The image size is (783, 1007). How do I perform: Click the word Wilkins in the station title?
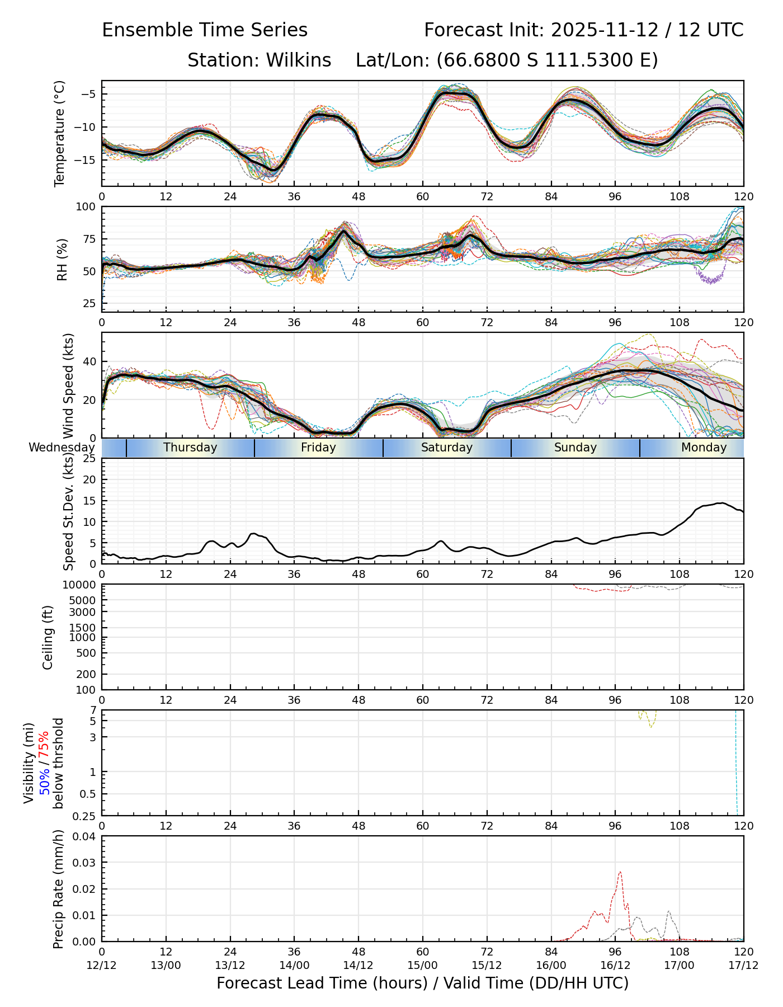pyautogui.click(x=298, y=60)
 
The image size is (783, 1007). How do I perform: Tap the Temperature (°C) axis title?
pyautogui.click(x=60, y=133)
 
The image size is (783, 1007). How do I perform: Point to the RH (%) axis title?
pyautogui.click(x=62, y=260)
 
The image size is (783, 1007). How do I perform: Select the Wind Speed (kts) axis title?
pyautogui.click(x=69, y=385)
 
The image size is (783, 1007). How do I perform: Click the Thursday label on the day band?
pyautogui.click(x=190, y=448)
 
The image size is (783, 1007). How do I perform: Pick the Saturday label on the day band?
pyautogui.click(x=447, y=448)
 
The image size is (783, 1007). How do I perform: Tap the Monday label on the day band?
pyautogui.click(x=704, y=448)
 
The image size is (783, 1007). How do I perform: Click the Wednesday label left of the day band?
pyautogui.click(x=62, y=448)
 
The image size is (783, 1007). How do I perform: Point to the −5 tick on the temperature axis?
pyautogui.click(x=88, y=94)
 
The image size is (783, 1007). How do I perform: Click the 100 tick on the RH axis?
pyautogui.click(x=85, y=207)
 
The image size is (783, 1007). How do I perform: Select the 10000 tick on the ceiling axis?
pyautogui.click(x=80, y=585)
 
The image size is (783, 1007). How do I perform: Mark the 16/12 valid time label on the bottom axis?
pyautogui.click(x=615, y=965)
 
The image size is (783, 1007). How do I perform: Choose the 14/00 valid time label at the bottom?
pyautogui.click(x=294, y=965)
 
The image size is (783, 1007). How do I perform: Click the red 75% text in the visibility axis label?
pyautogui.click(x=44, y=744)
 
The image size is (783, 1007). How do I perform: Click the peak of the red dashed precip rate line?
pyautogui.click(x=620, y=872)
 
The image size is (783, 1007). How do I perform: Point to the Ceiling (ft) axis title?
pyautogui.click(x=48, y=637)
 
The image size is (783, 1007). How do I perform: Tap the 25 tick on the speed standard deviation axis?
pyautogui.click(x=88, y=459)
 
